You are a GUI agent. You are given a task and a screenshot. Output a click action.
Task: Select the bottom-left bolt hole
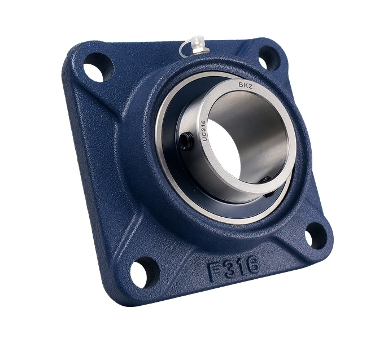(x=144, y=273)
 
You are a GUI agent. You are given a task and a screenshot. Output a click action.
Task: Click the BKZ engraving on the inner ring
(x=245, y=86)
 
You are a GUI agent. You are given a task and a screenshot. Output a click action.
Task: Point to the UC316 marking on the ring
(x=203, y=131)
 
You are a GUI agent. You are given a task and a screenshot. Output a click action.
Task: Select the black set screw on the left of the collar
(x=186, y=141)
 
